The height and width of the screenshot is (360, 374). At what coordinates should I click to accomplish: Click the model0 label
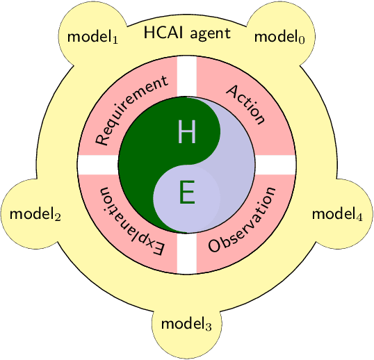click(x=279, y=37)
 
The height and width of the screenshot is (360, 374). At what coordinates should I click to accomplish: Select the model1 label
click(x=92, y=37)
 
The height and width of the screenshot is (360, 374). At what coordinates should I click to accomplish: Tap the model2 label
click(x=35, y=213)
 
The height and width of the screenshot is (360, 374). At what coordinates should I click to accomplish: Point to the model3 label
click(x=186, y=323)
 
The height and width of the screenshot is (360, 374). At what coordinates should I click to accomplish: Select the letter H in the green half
click(x=186, y=131)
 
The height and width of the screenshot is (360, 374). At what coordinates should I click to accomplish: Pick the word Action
click(x=245, y=104)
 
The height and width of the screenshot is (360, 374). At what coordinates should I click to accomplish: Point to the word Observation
click(x=242, y=219)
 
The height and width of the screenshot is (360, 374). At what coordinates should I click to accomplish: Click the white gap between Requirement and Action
click(x=186, y=76)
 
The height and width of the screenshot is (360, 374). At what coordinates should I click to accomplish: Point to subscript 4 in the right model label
click(x=359, y=217)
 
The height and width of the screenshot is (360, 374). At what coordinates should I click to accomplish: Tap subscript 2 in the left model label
click(x=58, y=217)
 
